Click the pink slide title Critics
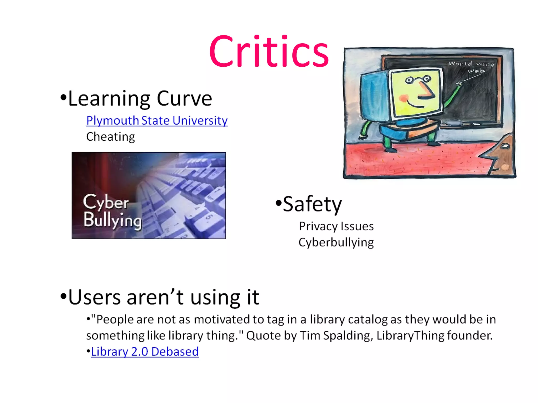pyautogui.click(x=269, y=51)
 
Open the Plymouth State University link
pyautogui.click(x=157, y=121)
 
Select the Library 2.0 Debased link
pyautogui.click(x=145, y=352)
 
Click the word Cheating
pyautogui.click(x=111, y=137)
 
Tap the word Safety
pyautogui.click(x=312, y=204)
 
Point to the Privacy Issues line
pyautogui.click(x=336, y=226)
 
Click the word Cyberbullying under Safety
pyautogui.click(x=336, y=242)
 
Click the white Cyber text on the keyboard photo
pyautogui.click(x=106, y=202)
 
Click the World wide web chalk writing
pyautogui.click(x=472, y=67)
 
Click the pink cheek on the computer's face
pyautogui.click(x=404, y=98)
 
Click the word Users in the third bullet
pyautogui.click(x=94, y=298)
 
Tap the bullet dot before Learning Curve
pyautogui.click(x=63, y=98)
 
